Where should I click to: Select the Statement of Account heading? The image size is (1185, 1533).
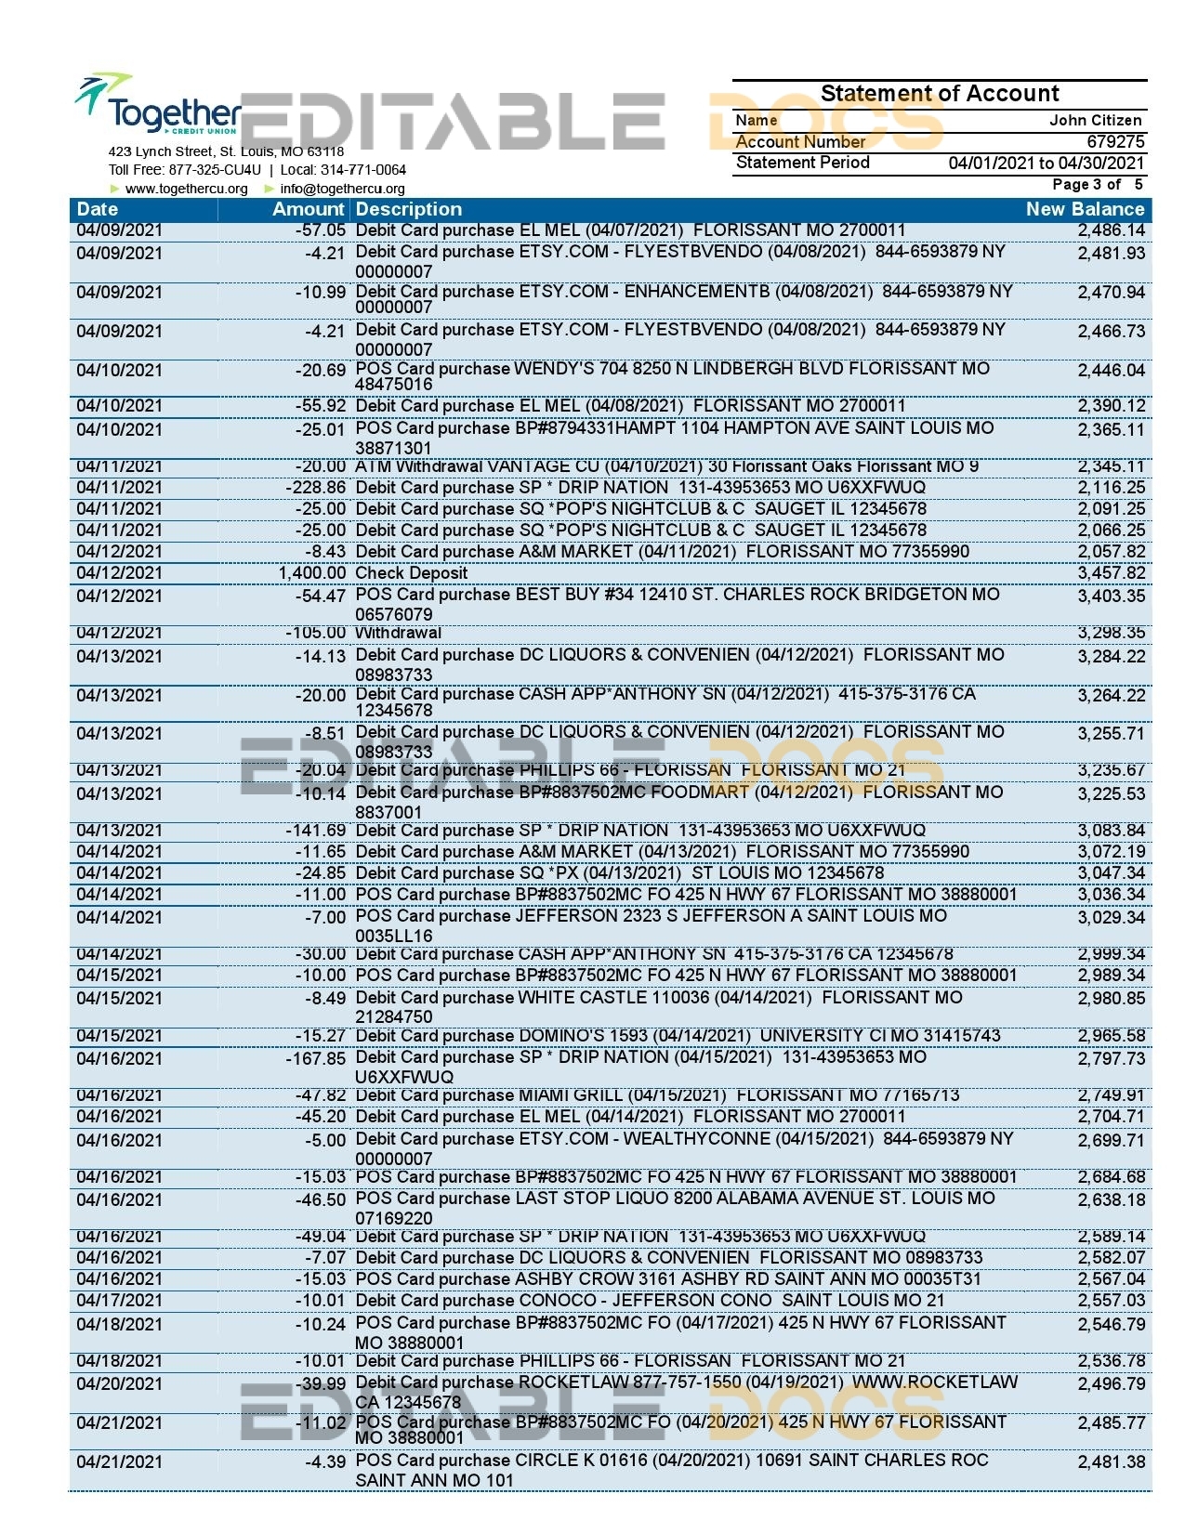point(939,93)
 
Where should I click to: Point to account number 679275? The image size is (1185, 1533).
point(1115,141)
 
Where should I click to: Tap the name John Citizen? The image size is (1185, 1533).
point(1095,120)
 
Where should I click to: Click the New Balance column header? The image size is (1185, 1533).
point(1084,209)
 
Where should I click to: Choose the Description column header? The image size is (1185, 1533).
point(408,209)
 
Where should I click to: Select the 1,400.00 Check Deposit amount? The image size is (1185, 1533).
point(311,573)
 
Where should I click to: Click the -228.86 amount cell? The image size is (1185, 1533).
point(316,488)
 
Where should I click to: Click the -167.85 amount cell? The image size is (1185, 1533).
point(316,1058)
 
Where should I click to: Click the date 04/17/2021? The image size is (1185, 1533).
point(119,1301)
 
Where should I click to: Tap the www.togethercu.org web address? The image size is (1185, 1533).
point(186,189)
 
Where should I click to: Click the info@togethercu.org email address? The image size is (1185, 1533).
point(342,189)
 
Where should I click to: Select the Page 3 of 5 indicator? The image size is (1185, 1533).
point(1097,184)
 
